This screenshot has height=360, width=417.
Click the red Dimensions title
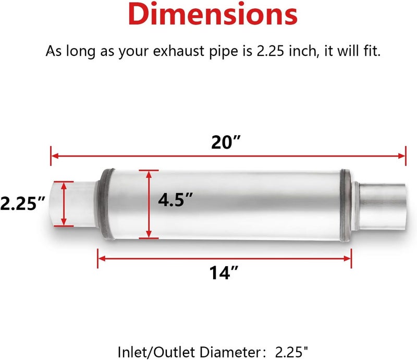coord(213,14)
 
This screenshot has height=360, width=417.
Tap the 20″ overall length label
coord(226,142)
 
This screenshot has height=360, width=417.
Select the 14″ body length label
coord(224,273)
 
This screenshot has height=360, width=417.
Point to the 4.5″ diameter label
coord(175,200)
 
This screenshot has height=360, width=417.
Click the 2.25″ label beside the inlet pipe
coord(22,203)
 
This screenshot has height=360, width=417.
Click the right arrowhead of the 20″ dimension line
coord(402,156)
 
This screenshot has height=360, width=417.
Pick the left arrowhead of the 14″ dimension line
coord(102,258)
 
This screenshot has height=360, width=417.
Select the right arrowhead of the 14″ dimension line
coord(348,258)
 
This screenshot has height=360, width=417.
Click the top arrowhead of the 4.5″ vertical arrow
coord(149,174)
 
